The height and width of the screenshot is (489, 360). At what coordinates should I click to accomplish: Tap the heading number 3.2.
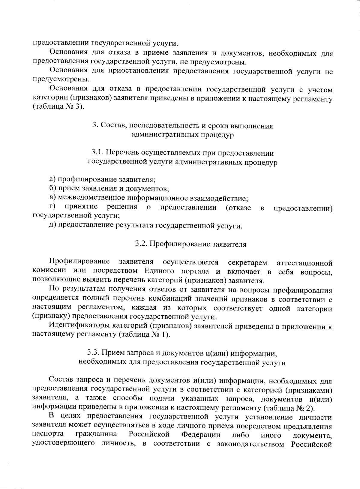coord(140,244)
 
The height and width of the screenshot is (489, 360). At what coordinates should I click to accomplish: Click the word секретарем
coord(247,263)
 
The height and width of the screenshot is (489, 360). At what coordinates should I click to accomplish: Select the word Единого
coord(159,271)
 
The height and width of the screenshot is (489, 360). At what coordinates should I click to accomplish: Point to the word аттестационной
coord(304,263)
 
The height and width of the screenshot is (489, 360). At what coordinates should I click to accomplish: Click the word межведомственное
coord(92,198)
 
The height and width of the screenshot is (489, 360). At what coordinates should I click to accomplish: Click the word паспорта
coord(48,435)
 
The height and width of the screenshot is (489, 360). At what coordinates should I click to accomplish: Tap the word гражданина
coord(96,435)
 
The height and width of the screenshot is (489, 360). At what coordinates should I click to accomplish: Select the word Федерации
coord(201,435)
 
